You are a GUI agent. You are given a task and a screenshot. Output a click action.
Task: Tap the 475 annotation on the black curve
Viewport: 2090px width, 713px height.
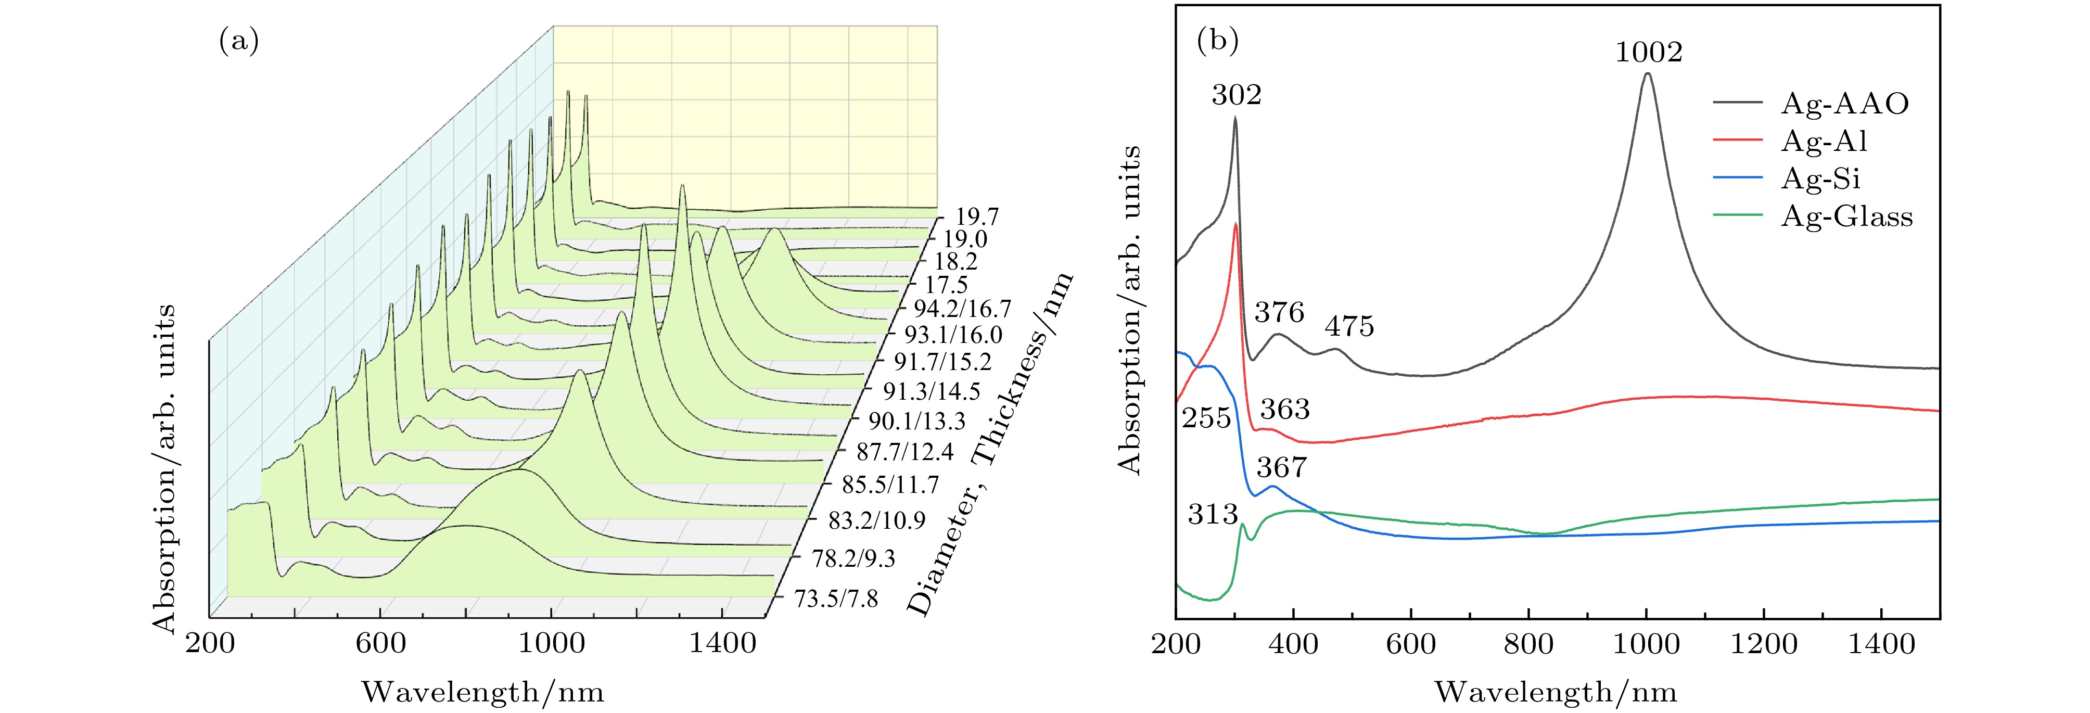[x=1349, y=327]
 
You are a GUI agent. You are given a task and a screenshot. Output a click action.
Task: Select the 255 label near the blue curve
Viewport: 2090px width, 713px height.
[x=1206, y=418]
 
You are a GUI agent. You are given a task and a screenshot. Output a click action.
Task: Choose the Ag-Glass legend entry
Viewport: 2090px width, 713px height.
[x=1846, y=217]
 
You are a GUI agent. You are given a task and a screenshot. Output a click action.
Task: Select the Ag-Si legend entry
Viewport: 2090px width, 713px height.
[x=1820, y=179]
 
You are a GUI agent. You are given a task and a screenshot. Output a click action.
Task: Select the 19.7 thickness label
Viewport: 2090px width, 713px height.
[x=976, y=218]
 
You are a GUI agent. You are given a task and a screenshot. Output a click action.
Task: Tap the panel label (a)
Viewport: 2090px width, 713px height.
[x=239, y=41]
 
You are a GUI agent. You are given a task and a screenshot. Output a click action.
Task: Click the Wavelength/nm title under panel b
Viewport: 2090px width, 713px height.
[x=1556, y=692]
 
